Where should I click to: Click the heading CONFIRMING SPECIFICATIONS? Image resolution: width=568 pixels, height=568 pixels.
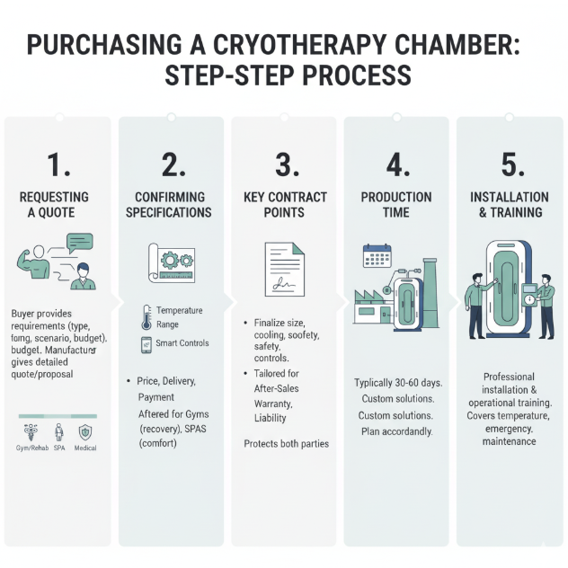(x=172, y=204)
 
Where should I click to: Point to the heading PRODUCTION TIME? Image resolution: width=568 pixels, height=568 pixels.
(x=396, y=204)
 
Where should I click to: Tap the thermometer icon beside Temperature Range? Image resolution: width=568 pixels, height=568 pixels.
(x=146, y=316)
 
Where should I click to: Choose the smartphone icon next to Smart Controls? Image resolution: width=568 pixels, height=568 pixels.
(x=146, y=343)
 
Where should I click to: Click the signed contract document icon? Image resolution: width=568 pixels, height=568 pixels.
(x=284, y=267)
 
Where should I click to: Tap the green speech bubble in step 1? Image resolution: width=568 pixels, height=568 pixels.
(x=79, y=242)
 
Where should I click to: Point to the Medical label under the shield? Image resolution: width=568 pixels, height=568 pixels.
(x=85, y=448)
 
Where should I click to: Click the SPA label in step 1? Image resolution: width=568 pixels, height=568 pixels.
(x=59, y=448)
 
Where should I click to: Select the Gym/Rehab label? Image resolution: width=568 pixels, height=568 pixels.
(x=32, y=448)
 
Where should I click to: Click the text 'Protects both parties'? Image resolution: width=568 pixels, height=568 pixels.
(x=286, y=444)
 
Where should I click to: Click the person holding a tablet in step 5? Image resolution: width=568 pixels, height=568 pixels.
(x=545, y=306)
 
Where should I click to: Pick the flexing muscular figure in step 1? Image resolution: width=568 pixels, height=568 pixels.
(x=31, y=258)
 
